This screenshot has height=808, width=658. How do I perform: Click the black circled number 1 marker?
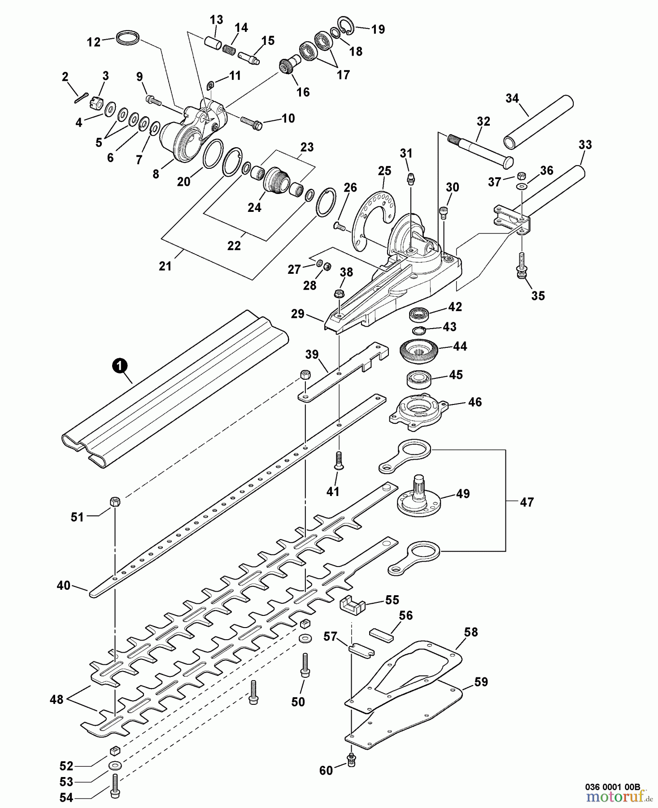point(118,366)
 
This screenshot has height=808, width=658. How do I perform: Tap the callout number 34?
point(512,98)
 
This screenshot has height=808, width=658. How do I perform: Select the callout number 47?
point(527,501)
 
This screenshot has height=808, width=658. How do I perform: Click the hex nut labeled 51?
point(114,502)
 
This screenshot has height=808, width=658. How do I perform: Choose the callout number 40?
point(63,585)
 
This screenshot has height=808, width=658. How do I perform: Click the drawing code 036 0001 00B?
point(613,787)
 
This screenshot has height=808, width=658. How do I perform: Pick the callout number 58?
point(471,632)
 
